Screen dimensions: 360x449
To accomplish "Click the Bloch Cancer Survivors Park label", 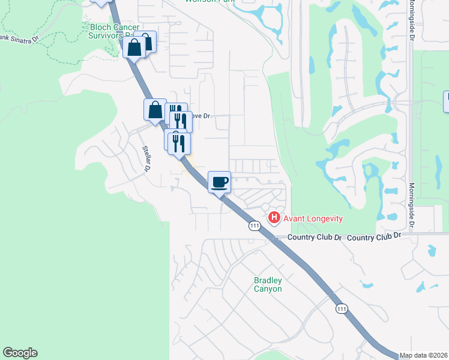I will [x=114, y=31].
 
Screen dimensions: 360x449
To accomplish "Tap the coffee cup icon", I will [x=219, y=182].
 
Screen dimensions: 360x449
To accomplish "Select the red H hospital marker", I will [x=274, y=217].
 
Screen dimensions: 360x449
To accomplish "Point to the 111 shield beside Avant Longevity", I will [x=255, y=226].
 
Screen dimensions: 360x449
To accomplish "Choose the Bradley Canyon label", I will [x=268, y=284].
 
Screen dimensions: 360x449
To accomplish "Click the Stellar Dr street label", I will [x=146, y=158].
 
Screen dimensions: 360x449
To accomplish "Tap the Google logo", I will [x=20, y=353].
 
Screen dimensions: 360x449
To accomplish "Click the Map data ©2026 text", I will [x=424, y=355].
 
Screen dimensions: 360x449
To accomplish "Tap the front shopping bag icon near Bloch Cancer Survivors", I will [x=134, y=47].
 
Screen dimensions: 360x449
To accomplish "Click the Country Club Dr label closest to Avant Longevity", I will [x=315, y=238].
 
